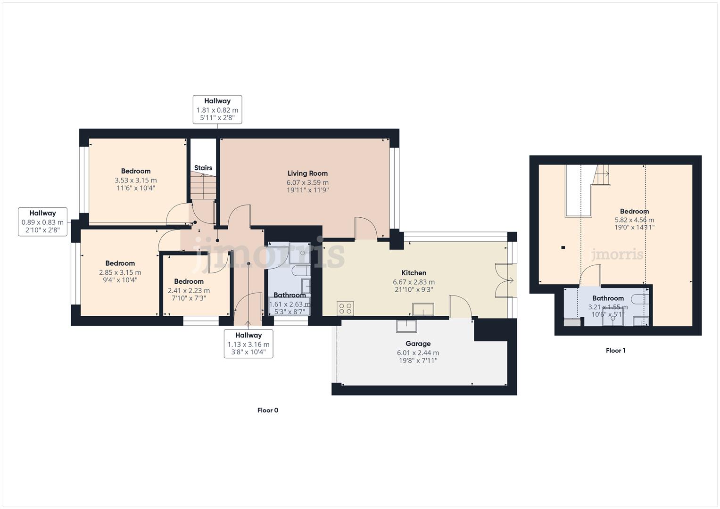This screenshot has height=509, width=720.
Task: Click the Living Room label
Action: click(x=307, y=173)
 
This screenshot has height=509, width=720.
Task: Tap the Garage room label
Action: click(x=418, y=344)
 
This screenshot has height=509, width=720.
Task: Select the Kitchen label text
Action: click(x=414, y=273)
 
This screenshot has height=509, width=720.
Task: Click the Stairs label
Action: click(x=203, y=168)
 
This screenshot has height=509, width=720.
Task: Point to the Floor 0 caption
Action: click(x=267, y=410)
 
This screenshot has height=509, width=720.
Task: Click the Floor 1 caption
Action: click(x=615, y=351)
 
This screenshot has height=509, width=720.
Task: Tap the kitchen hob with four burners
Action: click(x=346, y=309)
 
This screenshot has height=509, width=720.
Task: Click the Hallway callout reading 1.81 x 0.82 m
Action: click(x=217, y=109)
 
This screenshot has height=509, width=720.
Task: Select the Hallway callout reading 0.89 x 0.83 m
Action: click(x=42, y=222)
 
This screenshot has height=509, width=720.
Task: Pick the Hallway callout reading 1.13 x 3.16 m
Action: click(x=248, y=344)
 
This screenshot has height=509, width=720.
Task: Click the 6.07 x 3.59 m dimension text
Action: click(x=307, y=182)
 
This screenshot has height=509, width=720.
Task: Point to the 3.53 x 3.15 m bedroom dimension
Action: click(x=136, y=180)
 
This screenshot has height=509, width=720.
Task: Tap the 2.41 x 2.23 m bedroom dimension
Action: click(x=189, y=290)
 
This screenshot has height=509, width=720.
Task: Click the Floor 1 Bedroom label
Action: click(x=634, y=212)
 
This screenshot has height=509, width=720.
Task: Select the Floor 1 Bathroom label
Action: click(x=608, y=298)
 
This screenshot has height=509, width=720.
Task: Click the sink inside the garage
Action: click(x=406, y=326)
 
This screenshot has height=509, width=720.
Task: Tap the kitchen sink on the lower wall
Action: click(x=423, y=309)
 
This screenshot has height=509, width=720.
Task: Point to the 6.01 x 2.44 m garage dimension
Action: click(x=418, y=353)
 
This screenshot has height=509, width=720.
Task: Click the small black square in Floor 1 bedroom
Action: click(x=563, y=247)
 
